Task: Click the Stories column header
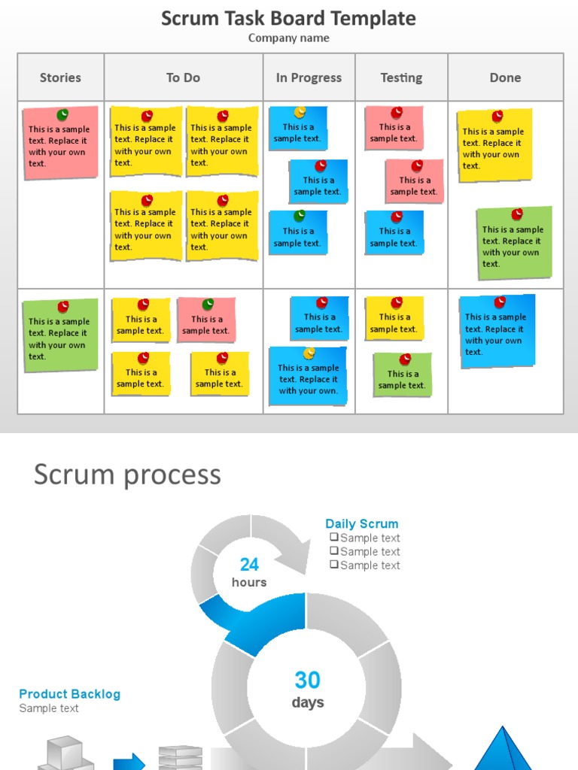(x=60, y=77)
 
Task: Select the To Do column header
(x=183, y=77)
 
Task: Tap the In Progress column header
(x=309, y=77)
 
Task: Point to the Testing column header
(x=401, y=77)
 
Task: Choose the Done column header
(x=505, y=77)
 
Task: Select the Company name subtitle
(x=288, y=38)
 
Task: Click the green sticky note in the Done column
(x=515, y=244)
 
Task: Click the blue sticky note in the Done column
(x=497, y=332)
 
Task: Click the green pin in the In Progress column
(x=300, y=216)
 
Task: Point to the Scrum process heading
(x=127, y=474)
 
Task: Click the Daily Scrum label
(x=362, y=523)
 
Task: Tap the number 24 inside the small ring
(x=249, y=565)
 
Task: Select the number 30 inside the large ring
(x=307, y=681)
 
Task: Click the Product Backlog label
(x=69, y=694)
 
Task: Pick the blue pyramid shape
(x=503, y=750)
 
